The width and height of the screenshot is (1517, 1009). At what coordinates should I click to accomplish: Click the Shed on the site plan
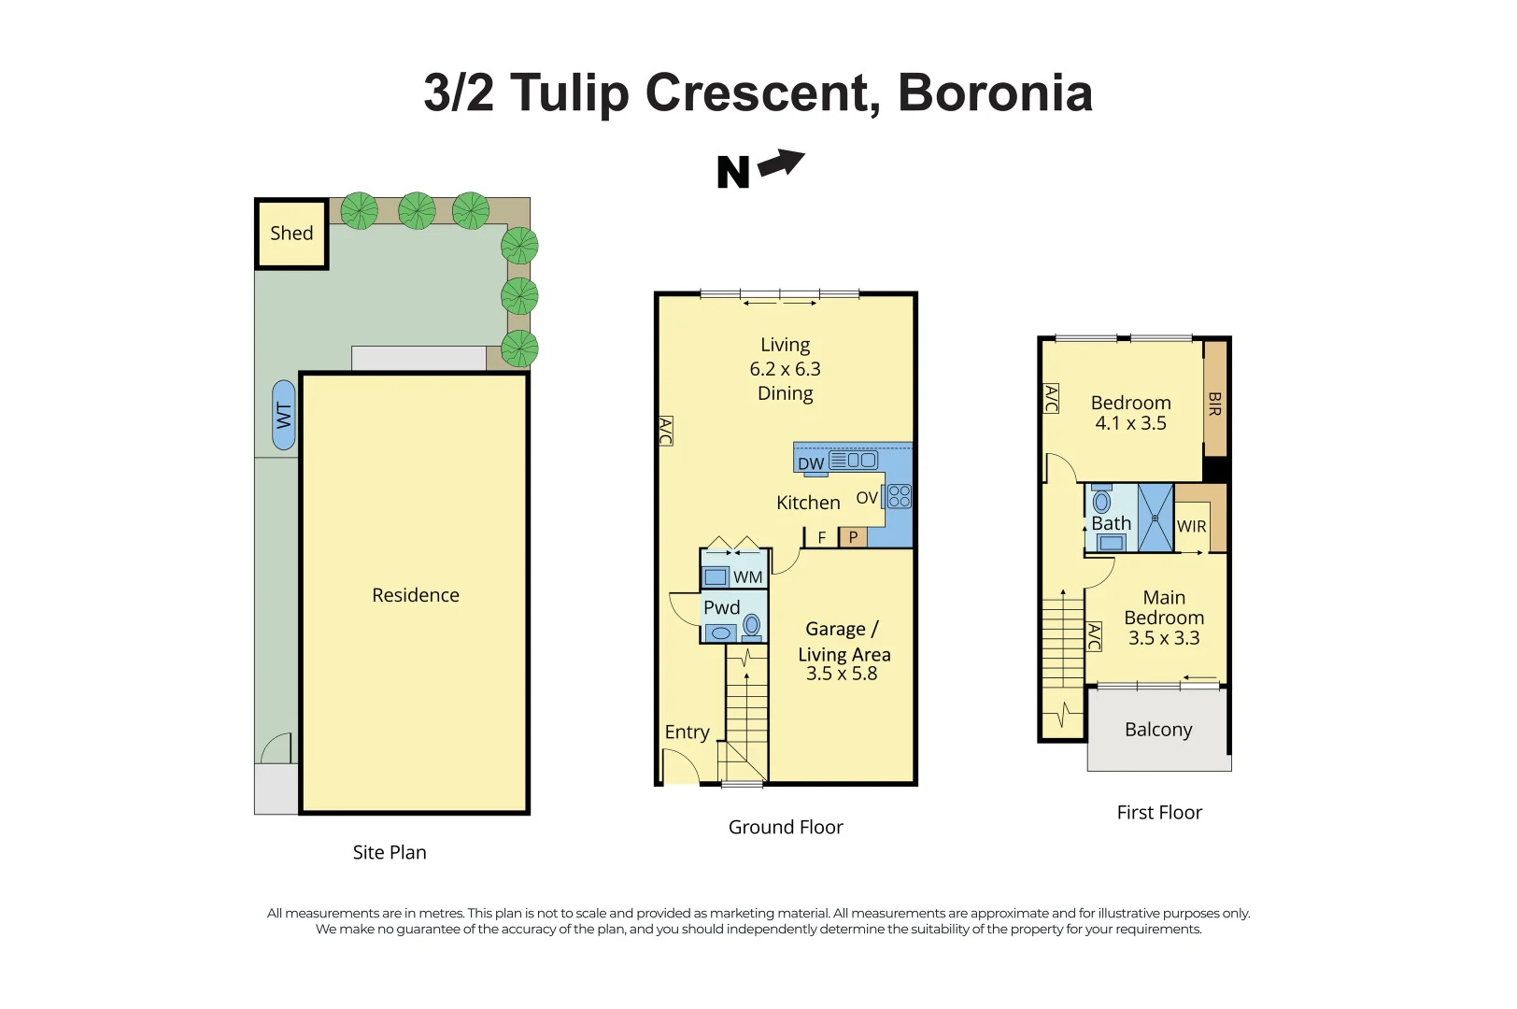tap(291, 234)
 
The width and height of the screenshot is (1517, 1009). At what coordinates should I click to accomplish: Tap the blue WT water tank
tap(284, 415)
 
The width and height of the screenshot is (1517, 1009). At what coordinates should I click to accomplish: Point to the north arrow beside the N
tap(782, 163)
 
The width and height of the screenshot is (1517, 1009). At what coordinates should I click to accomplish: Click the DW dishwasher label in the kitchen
tap(811, 464)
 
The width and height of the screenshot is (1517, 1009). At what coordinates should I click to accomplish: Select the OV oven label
tap(867, 498)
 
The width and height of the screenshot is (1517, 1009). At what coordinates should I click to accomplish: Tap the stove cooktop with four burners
tap(899, 496)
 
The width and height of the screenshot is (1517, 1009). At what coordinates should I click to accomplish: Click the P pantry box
tap(854, 537)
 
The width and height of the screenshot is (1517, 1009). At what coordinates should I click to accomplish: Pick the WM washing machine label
tap(747, 577)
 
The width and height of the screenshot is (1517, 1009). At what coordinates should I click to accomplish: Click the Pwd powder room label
tap(722, 607)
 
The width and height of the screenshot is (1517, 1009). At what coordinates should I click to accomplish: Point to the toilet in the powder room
tap(752, 627)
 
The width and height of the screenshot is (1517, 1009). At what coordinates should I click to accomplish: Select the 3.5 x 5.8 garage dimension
tap(842, 673)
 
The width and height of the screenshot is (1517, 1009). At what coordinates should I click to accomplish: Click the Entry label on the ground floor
tap(687, 732)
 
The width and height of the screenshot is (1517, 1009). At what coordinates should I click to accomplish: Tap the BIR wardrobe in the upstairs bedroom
tap(1215, 399)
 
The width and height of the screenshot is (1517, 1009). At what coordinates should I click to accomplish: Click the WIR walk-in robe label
tap(1191, 526)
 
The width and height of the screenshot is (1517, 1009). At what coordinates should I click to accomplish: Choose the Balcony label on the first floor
tap(1158, 730)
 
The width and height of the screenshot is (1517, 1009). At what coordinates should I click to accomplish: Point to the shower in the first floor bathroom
tap(1155, 518)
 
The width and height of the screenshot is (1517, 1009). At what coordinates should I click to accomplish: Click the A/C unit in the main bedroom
tap(1094, 636)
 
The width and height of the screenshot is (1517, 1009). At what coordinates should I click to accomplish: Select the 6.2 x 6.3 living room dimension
tap(785, 369)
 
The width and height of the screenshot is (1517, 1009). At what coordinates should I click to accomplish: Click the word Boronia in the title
tap(995, 92)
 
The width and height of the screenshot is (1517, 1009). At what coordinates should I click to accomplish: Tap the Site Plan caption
tap(390, 852)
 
